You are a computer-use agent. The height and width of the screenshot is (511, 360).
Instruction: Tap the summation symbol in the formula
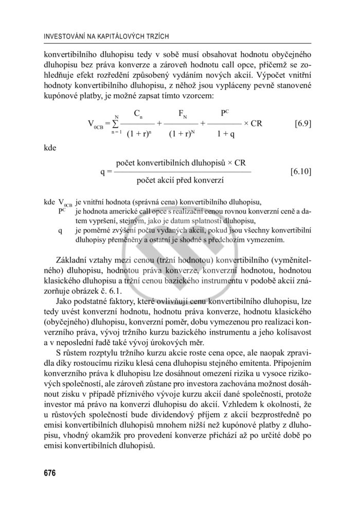(116, 124)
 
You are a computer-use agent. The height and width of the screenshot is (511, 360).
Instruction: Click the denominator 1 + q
(226, 135)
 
